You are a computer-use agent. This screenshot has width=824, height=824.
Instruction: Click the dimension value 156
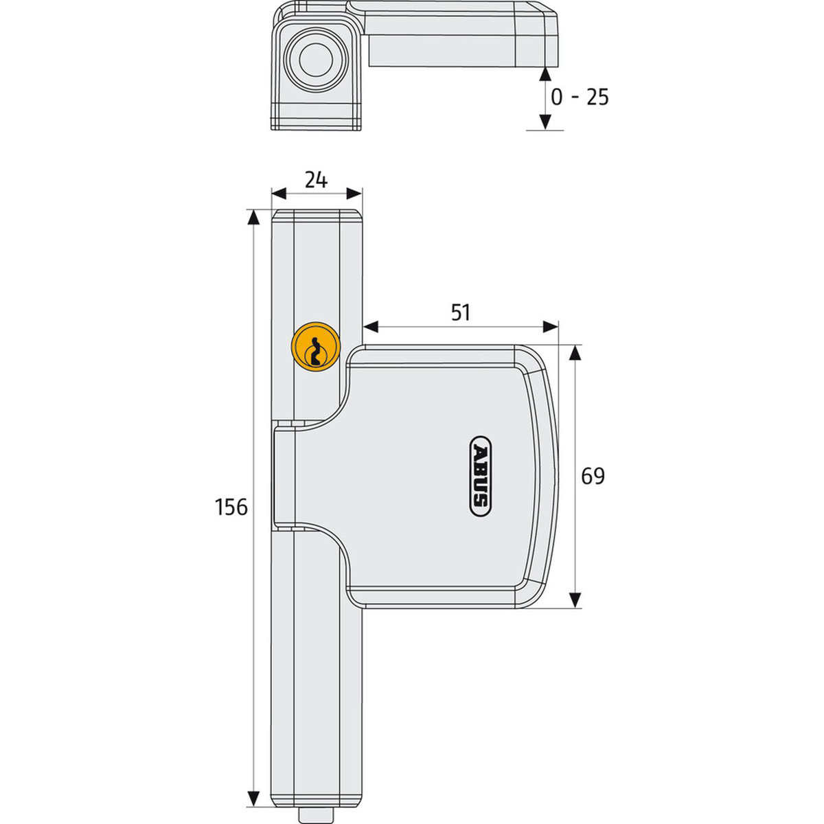pos(231,507)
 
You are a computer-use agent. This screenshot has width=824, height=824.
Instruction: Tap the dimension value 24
pos(316,180)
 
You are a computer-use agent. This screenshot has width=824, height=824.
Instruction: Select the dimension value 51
pos(460,312)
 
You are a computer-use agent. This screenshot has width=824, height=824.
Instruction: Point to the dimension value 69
pos(593,476)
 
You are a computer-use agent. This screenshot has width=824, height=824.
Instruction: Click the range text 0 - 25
pos(580,98)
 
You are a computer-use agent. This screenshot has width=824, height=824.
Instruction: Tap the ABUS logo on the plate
pos(480,476)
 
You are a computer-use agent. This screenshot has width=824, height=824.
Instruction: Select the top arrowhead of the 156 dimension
pos(253,218)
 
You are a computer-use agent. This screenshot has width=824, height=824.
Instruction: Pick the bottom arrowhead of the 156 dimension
pos(253,798)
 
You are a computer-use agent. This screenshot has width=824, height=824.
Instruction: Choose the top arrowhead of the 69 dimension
pos(575,353)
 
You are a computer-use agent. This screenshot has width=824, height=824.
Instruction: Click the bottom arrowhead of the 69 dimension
pos(575,599)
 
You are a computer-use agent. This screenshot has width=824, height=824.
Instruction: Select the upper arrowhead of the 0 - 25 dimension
pos(545,76)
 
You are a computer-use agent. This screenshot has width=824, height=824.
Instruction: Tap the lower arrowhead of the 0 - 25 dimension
pos(545,122)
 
